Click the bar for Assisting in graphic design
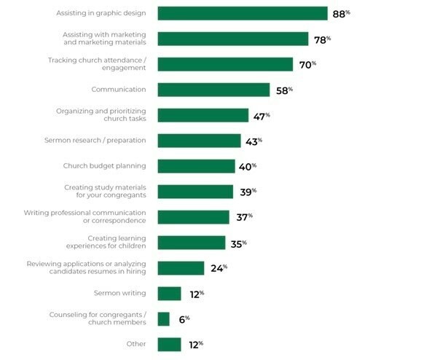point(243,13)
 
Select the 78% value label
point(323,40)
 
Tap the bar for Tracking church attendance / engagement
point(225,64)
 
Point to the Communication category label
point(119,90)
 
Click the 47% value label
point(262,117)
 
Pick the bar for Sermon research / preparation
point(199,141)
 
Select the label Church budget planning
point(104,165)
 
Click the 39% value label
point(248,192)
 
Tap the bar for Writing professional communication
point(193,217)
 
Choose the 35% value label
point(238,244)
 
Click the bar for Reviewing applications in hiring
point(181,268)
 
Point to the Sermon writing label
point(119,293)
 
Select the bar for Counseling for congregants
point(164,319)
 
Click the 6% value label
point(184,319)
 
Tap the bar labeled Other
point(169,345)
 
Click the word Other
point(136,344)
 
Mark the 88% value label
point(341,14)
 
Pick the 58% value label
point(284,90)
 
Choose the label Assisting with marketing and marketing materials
point(104,39)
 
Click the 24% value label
point(219,268)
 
